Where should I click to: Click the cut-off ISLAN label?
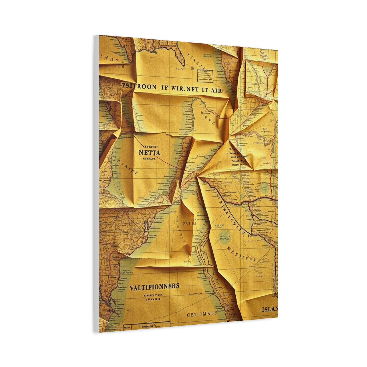point(270,309)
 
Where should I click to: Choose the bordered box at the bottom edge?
point(146,326)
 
